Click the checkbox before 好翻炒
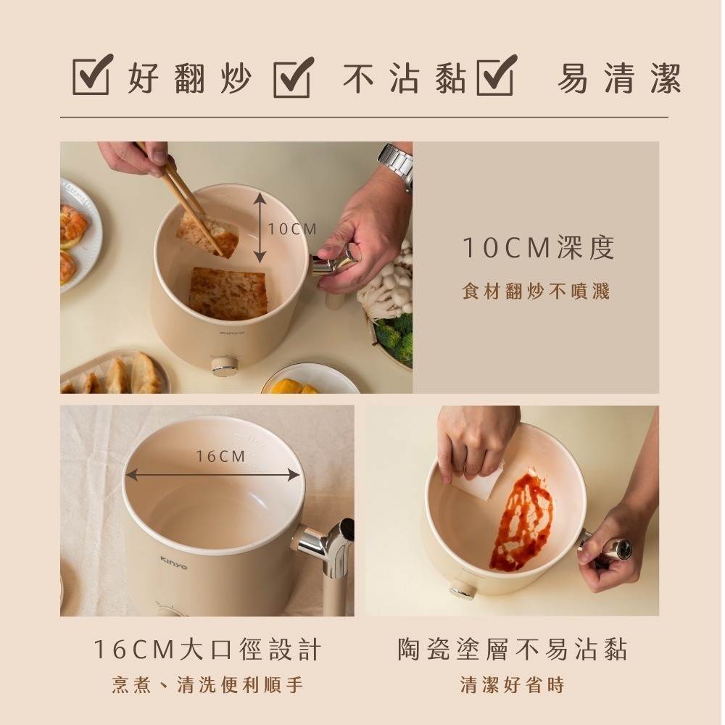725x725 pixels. tap(92, 75)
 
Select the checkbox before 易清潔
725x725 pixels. tap(496, 75)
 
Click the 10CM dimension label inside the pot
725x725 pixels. tap(292, 229)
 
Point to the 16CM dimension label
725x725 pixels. tap(221, 456)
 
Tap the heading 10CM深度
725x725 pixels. tap(539, 248)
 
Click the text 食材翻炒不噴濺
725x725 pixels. tap(536, 291)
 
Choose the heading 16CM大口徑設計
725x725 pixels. tap(207, 650)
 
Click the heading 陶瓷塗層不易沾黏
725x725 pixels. tap(512, 650)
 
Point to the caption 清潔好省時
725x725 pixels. tap(512, 684)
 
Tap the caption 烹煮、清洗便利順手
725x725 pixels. tap(207, 684)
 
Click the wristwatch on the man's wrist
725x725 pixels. tap(397, 163)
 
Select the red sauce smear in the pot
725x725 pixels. tap(523, 519)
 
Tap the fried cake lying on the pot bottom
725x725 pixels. tap(228, 293)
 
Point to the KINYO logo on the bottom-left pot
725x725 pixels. tap(173, 562)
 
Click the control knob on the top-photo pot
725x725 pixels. tap(225, 366)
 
